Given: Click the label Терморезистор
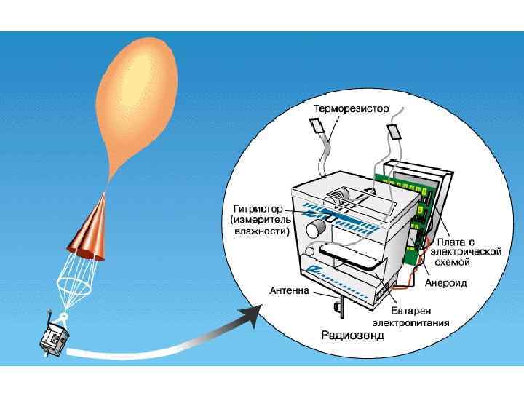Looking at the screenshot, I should (x=352, y=108).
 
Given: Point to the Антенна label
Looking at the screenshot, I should (x=290, y=290).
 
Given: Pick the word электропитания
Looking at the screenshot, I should (x=410, y=321).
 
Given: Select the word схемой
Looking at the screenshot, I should (x=457, y=261).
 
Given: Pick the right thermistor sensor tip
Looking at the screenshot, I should (x=394, y=132).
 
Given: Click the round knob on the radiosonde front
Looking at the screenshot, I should (x=315, y=229).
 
